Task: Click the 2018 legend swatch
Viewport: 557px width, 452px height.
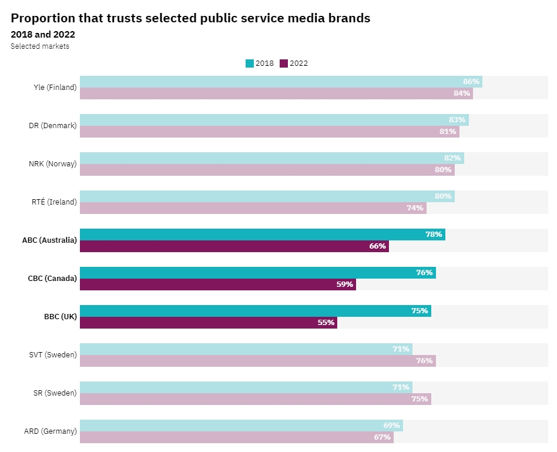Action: click(250, 63)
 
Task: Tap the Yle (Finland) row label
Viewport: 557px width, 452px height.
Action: click(55, 88)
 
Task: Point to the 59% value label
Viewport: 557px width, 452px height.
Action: click(344, 284)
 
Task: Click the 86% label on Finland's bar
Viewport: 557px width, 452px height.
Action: click(471, 82)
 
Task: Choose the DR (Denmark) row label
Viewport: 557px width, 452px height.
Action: click(53, 126)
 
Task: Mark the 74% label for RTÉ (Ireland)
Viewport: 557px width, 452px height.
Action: click(415, 208)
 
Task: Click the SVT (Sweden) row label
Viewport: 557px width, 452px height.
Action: click(53, 355)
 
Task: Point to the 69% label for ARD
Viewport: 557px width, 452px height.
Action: click(391, 426)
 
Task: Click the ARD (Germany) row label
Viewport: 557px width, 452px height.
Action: click(51, 431)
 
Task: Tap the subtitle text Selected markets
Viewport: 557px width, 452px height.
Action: click(40, 46)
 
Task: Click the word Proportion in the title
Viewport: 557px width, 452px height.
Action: click(43, 18)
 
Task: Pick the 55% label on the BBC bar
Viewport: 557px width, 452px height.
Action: click(326, 323)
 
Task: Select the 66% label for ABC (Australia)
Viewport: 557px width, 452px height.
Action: click(377, 246)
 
